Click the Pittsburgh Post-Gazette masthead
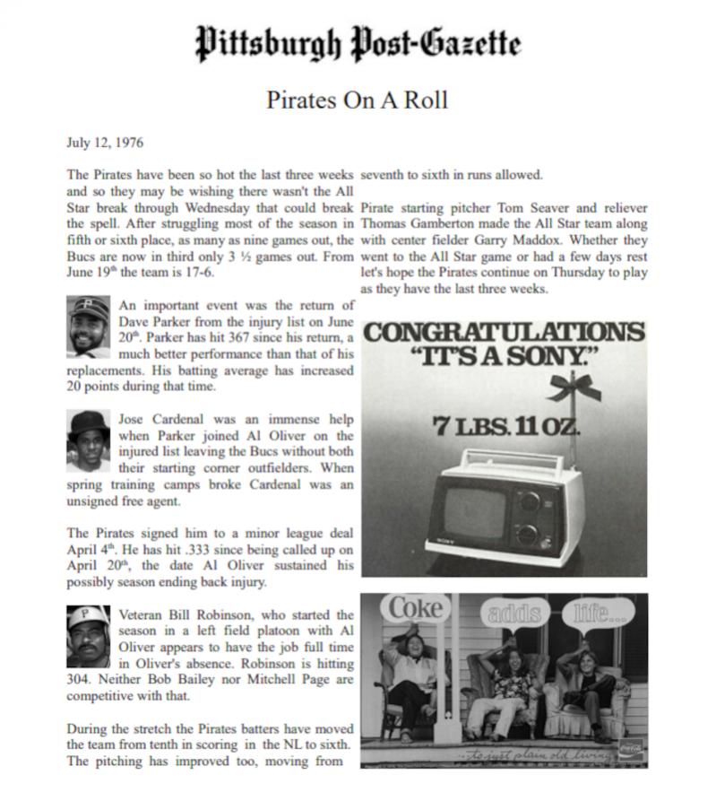pyautogui.click(x=358, y=42)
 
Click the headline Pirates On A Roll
pyautogui.click(x=357, y=100)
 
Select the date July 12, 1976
pyautogui.click(x=106, y=142)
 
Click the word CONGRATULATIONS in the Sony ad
pyautogui.click(x=504, y=332)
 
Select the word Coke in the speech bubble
pyautogui.click(x=417, y=608)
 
